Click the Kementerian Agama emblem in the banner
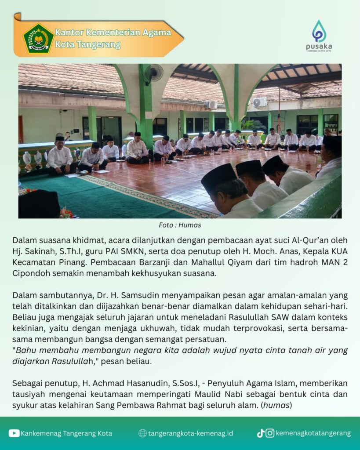(38, 38)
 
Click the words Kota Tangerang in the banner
(87, 45)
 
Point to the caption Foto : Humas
(180, 225)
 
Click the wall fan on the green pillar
(154, 73)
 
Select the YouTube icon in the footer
(14, 433)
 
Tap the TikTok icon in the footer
(261, 433)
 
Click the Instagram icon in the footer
(270, 433)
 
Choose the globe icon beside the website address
(142, 433)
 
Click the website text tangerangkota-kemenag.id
(190, 433)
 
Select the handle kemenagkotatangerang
(313, 433)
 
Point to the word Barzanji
(146, 262)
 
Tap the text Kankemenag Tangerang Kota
(66, 433)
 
